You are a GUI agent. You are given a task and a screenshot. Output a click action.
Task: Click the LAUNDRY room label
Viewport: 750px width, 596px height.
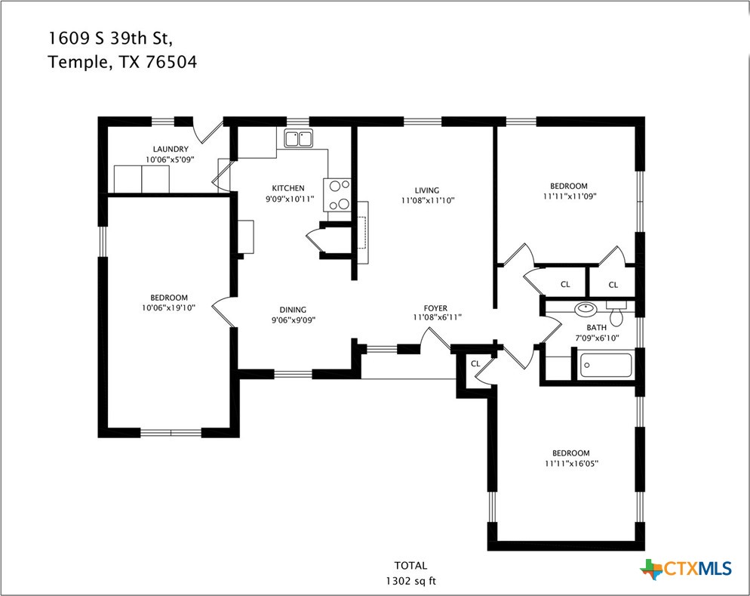coord(170,150)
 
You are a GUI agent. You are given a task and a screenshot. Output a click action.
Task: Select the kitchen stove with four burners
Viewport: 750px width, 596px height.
coord(337,194)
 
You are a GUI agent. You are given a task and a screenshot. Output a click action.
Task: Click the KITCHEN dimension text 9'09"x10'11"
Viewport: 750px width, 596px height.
coord(288,199)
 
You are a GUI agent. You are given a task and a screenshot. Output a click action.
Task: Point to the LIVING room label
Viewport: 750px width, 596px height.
coord(426,190)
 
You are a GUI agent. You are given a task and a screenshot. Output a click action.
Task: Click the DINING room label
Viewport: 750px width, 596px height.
coord(293,309)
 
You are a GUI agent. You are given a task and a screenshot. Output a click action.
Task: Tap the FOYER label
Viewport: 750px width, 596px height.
coord(435,308)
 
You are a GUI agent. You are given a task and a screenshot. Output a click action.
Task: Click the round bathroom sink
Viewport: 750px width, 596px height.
coord(586,308)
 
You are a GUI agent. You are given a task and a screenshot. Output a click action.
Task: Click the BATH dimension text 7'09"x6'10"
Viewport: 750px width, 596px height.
coord(597,338)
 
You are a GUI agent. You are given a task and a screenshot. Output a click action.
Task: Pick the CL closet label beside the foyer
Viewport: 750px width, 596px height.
coord(475,363)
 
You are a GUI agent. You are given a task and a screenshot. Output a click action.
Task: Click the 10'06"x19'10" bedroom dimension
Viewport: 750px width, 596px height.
coord(169,308)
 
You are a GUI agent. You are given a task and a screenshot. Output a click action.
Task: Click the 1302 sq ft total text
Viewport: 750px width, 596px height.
coord(410,581)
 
